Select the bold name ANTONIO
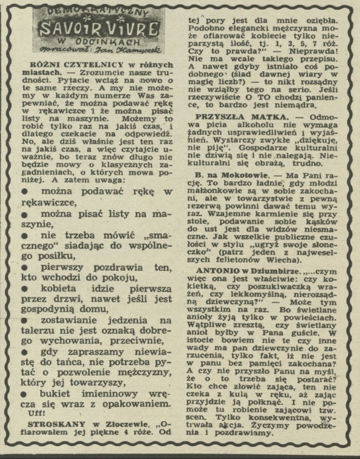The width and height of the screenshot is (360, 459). click(x=214, y=269)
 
